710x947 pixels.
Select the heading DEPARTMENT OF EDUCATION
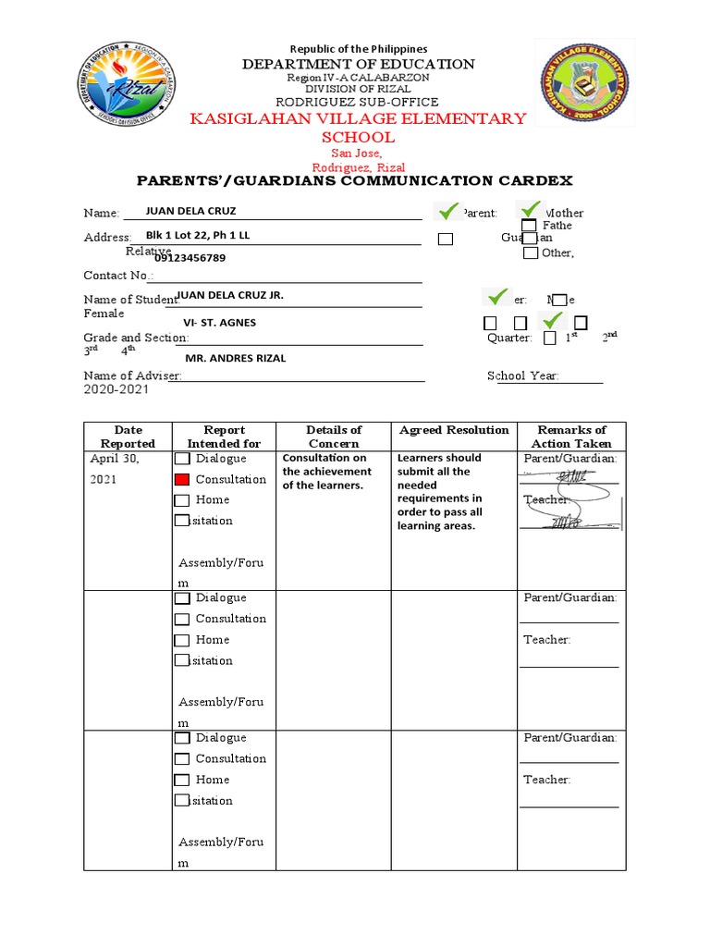(x=359, y=64)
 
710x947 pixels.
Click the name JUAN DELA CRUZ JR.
(x=229, y=295)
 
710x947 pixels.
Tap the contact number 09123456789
(x=190, y=258)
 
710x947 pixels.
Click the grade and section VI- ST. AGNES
(x=220, y=323)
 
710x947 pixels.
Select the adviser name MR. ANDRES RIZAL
(x=236, y=358)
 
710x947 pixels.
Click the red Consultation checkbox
(x=182, y=479)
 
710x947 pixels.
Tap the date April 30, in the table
(x=116, y=459)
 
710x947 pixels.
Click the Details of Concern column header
(x=334, y=437)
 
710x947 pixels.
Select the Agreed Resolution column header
(x=454, y=430)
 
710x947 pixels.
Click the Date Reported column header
(x=128, y=437)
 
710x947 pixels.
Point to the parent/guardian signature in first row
(x=569, y=476)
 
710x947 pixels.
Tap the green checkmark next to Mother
(x=531, y=211)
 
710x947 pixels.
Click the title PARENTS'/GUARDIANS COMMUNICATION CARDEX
(x=355, y=180)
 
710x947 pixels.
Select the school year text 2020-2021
(x=116, y=390)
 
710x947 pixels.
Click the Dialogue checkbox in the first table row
(x=182, y=459)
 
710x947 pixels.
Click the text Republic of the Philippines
(x=359, y=48)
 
